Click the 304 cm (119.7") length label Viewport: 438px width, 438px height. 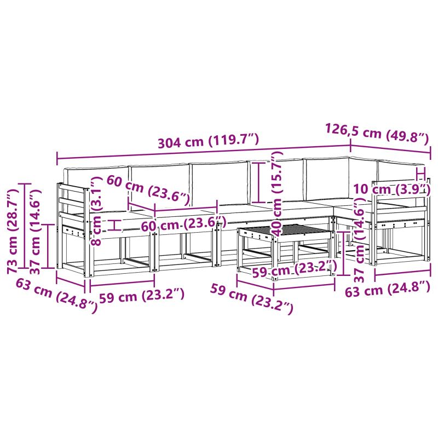click(209, 141)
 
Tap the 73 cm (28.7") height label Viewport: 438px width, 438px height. click(13, 230)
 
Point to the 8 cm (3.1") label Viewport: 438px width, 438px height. click(96, 211)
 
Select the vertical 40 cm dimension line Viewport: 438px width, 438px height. click(259, 182)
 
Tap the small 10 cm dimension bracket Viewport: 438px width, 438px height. click(420, 174)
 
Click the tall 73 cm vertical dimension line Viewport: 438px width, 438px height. click(27, 226)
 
